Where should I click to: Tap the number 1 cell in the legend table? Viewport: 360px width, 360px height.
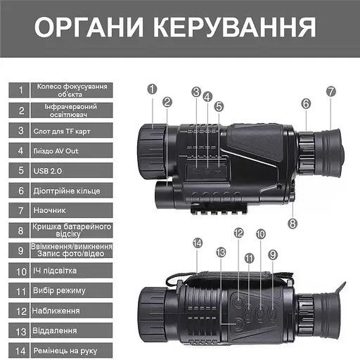(21, 90)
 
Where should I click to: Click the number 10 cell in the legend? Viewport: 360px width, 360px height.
(21, 270)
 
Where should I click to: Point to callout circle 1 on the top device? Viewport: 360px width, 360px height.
(152, 89)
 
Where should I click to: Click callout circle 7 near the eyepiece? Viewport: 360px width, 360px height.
(331, 91)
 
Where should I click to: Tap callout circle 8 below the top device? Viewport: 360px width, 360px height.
(292, 224)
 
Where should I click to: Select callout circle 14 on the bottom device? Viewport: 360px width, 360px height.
(198, 243)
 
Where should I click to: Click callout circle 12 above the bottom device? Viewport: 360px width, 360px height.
(238, 233)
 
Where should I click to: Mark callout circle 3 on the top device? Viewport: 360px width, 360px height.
(195, 91)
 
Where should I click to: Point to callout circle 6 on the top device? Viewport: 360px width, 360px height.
(306, 103)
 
